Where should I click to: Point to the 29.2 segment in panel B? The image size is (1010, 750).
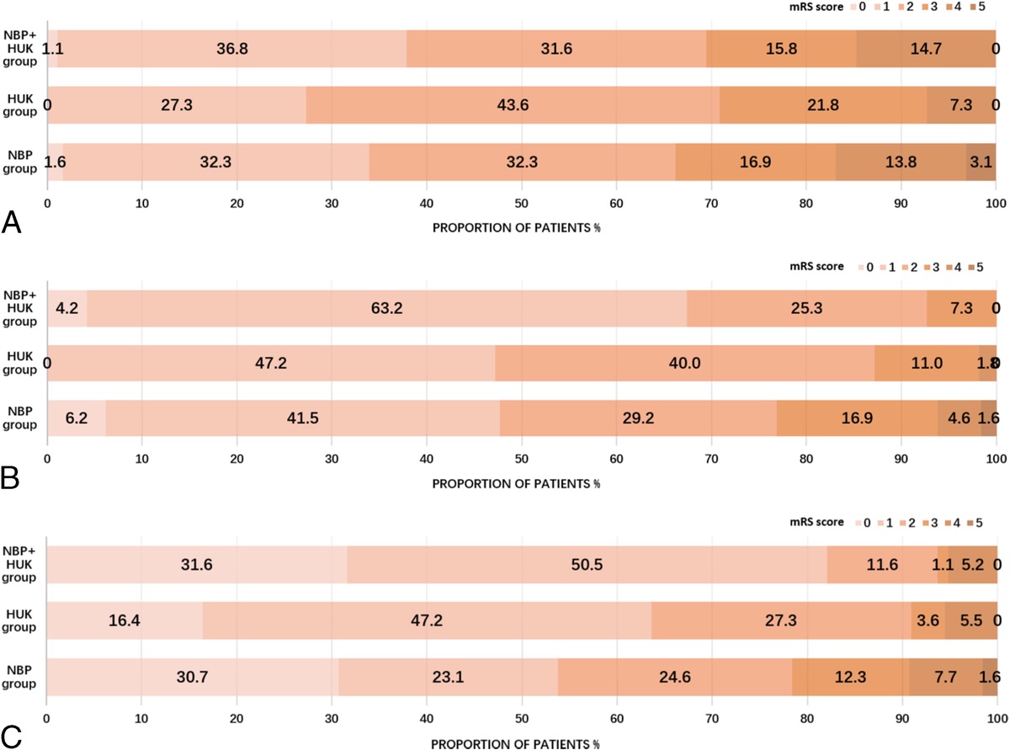point(638,418)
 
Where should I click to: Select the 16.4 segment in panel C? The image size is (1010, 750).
point(124,620)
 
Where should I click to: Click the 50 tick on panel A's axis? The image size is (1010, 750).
point(521,203)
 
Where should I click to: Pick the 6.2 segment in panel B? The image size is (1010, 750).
point(76,418)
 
